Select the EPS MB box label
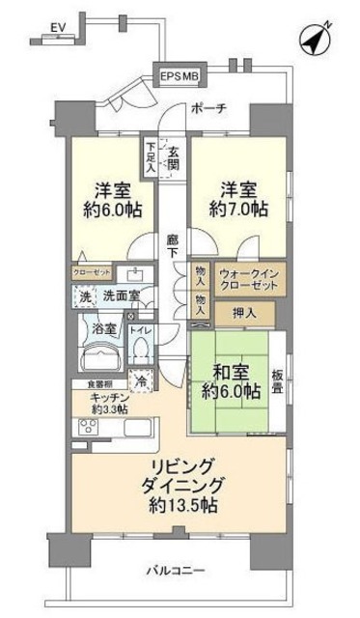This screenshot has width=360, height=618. point(180,75)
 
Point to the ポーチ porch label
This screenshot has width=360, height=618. point(208,107)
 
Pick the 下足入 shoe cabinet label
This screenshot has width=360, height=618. point(151,157)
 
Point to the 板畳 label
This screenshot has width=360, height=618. point(278,381)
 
